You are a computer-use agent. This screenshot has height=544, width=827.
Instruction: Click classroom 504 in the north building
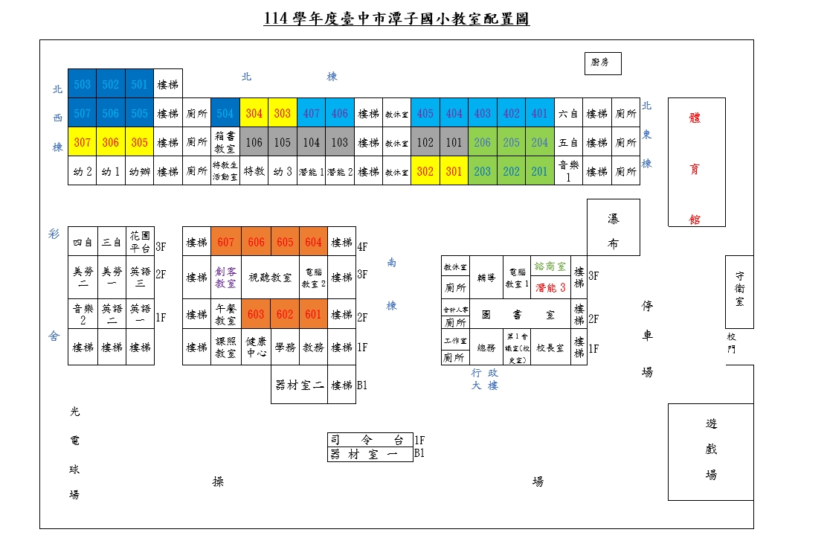[225, 114]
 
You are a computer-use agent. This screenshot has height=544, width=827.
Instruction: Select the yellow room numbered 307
[83, 142]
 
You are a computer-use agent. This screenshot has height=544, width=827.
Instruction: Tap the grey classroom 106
[254, 142]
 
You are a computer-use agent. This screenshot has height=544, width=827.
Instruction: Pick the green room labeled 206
[483, 142]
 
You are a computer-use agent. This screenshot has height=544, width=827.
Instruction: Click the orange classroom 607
[226, 243]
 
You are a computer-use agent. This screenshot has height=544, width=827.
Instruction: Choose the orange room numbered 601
[313, 315]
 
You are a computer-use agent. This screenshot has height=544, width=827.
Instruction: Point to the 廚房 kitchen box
[601, 63]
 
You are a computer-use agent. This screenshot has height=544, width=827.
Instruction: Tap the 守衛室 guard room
[739, 292]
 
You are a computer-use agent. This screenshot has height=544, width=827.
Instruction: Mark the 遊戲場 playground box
[711, 452]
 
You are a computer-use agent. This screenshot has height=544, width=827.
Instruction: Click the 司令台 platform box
[370, 440]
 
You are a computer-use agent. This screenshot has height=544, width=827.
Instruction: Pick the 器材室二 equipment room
[299, 385]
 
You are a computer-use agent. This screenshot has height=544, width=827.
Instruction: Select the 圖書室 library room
[519, 315]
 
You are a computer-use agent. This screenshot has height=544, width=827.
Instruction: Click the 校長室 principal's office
[550, 348]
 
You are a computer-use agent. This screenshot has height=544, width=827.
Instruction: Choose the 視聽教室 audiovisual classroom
[269, 278]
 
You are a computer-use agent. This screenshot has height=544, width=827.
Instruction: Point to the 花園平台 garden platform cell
[140, 243]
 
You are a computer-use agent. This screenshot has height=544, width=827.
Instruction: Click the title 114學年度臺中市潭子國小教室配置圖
[396, 19]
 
